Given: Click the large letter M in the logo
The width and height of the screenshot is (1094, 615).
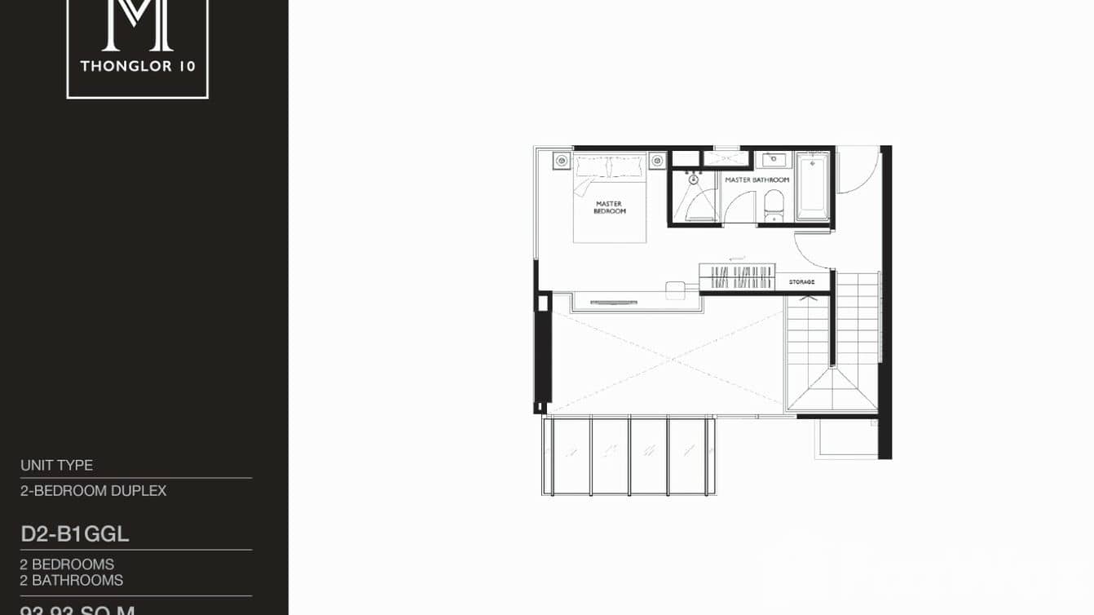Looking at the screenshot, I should point(137,24).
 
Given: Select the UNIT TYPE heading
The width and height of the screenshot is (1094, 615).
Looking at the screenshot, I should point(57,466).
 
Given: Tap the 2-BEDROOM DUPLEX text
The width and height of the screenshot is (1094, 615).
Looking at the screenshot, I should point(94,491).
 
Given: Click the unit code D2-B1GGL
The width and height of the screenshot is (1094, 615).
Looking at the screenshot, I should point(75,535).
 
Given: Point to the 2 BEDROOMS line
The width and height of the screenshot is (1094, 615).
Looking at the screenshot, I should point(68,564).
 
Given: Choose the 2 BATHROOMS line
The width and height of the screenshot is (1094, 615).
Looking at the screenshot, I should point(72,581).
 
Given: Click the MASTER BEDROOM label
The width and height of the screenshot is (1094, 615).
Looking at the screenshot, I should point(610,207).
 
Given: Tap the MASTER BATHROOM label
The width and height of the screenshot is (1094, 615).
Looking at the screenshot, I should point(757,179).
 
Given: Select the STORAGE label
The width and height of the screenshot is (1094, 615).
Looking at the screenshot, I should point(801,282).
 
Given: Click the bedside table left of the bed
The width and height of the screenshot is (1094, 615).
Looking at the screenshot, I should point(561,161).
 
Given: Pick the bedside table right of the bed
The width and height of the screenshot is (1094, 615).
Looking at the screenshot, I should point(658,161).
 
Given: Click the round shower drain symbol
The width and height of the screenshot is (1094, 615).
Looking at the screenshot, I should point(694,180).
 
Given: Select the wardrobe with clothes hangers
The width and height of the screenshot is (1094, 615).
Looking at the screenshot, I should point(737,277).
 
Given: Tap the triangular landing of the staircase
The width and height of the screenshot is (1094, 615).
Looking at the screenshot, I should point(831,391).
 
